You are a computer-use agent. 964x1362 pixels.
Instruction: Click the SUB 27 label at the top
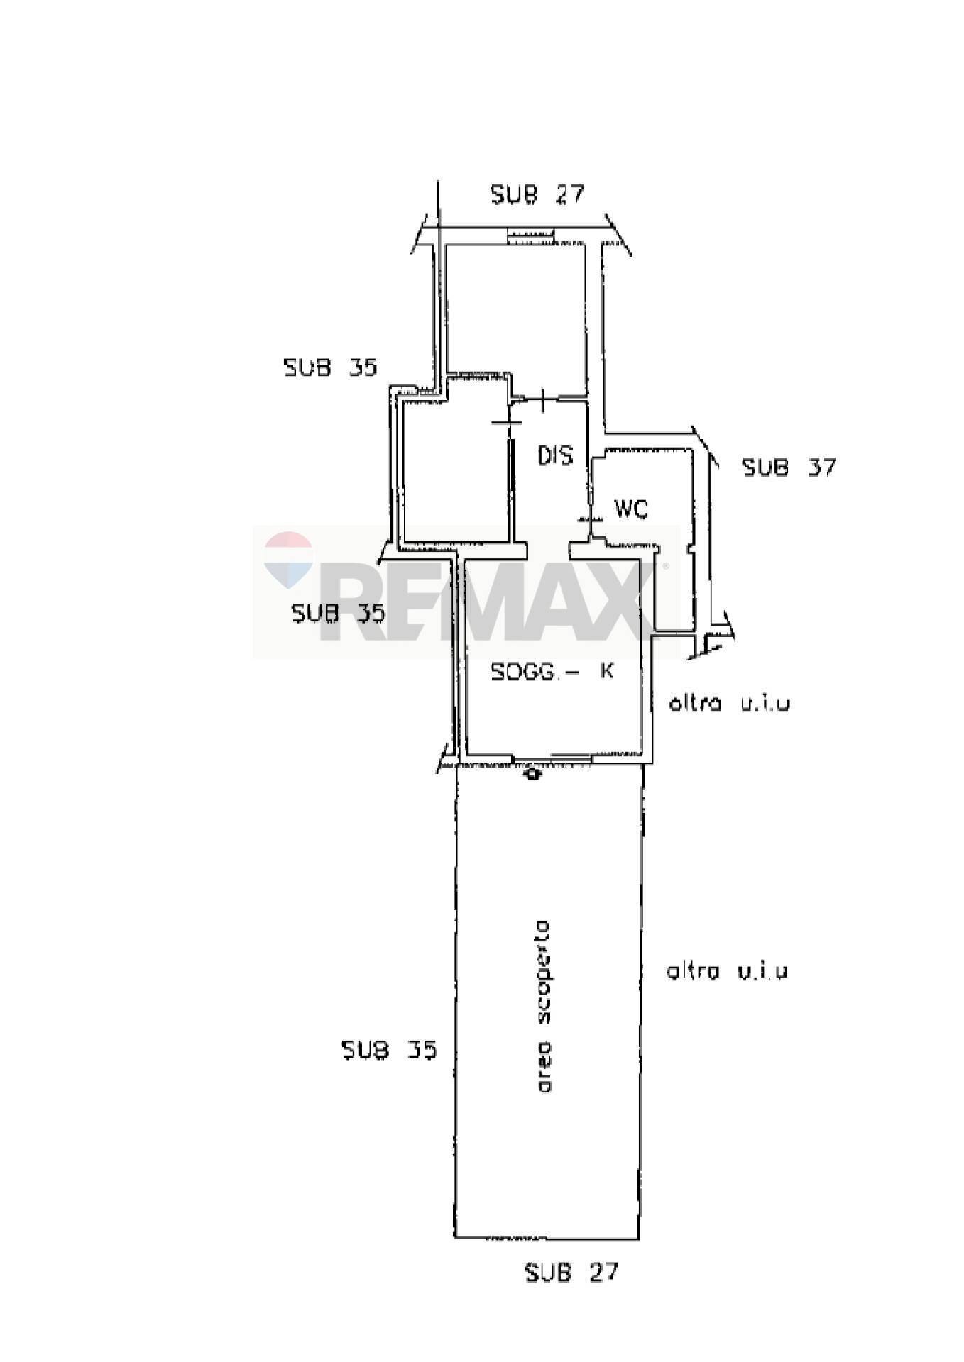point(537,194)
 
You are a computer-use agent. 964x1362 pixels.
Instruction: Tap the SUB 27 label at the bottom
point(571,1272)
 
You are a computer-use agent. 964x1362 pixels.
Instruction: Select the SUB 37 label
point(789,467)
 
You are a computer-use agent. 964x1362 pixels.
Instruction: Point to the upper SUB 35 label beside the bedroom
point(330,367)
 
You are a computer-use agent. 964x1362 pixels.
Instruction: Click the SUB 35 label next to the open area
point(389,1050)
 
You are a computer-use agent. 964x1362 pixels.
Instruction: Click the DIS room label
point(554,455)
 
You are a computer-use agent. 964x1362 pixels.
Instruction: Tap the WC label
point(631,509)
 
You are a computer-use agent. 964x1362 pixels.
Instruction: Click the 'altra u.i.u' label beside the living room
point(729,704)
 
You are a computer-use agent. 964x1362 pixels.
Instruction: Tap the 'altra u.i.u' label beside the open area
point(727,971)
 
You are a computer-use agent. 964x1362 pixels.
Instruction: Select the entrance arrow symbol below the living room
point(532,775)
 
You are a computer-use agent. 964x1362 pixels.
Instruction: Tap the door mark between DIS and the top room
point(543,399)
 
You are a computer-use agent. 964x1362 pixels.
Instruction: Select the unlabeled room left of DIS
point(455,468)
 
